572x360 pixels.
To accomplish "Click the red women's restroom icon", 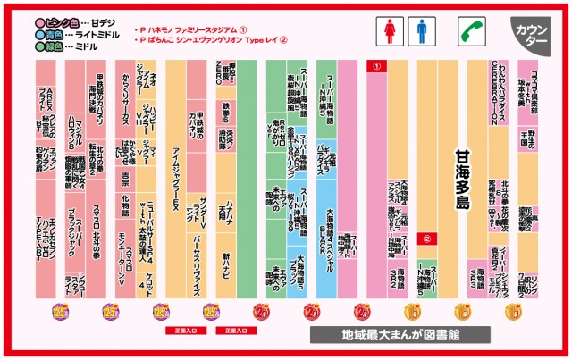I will [x=391, y=32].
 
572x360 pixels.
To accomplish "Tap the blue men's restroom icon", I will [x=422, y=32].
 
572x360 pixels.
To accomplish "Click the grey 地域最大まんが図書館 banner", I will [x=400, y=335].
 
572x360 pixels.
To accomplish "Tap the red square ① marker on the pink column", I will [x=377, y=66].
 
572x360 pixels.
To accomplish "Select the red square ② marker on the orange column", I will [x=428, y=239].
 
